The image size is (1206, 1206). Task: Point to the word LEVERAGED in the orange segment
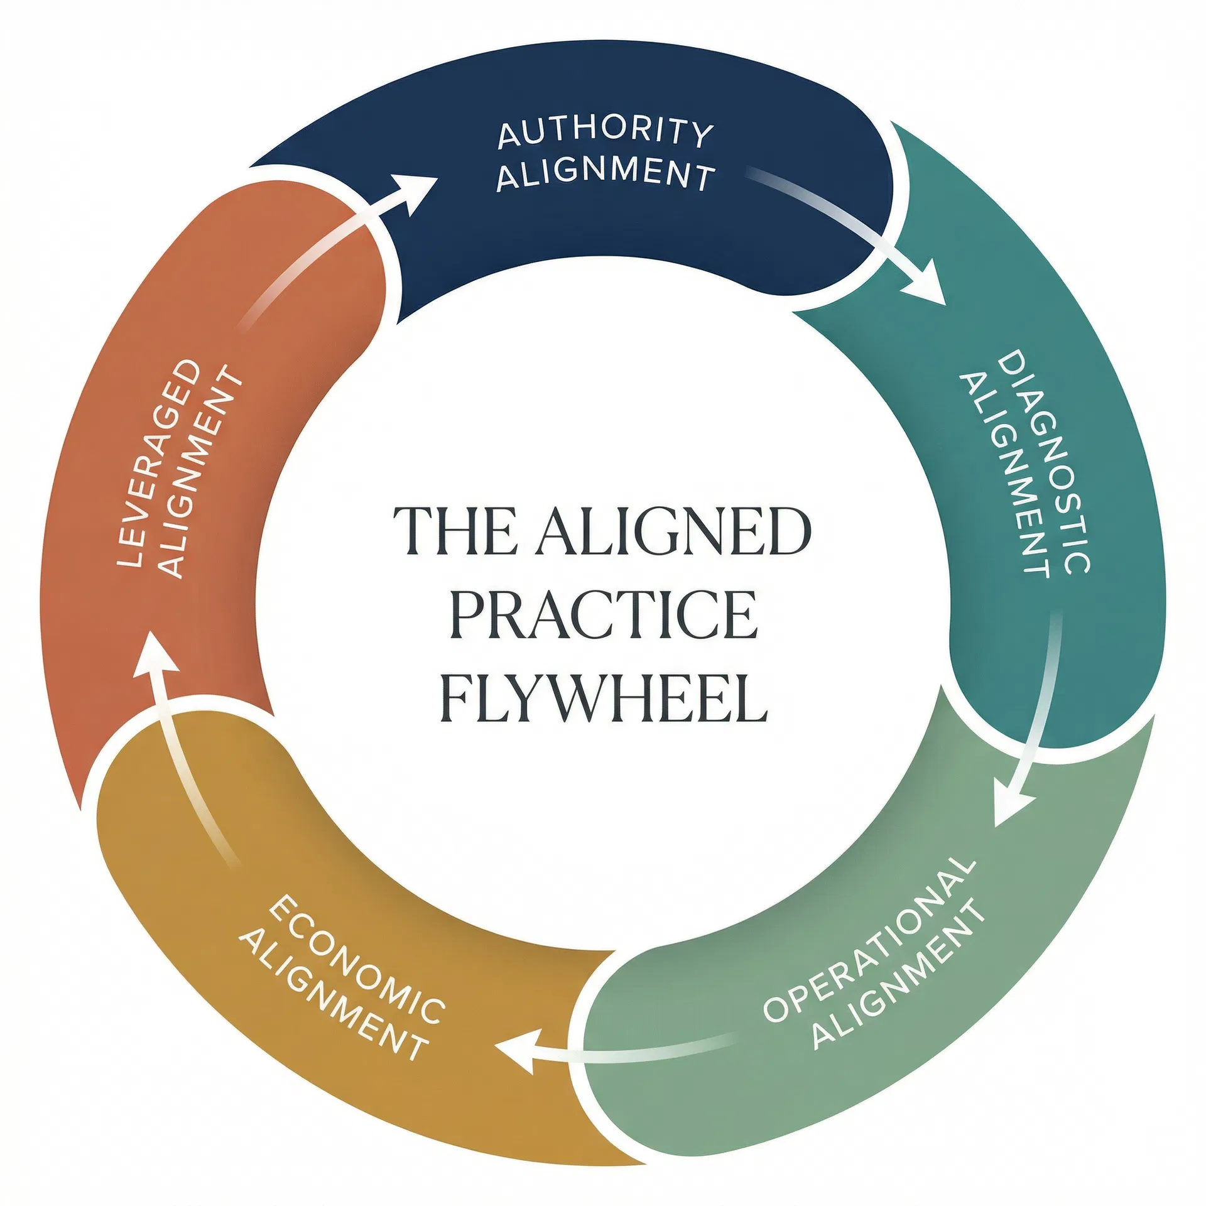coord(160,463)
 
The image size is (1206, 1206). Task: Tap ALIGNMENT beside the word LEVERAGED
coord(200,472)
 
